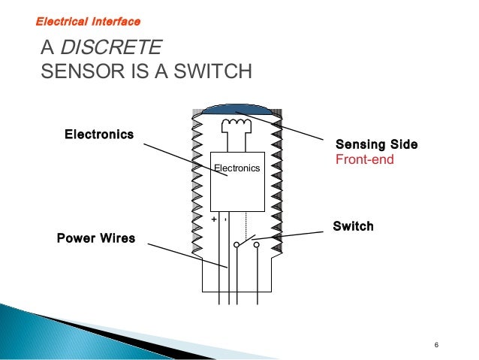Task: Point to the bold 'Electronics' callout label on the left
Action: (x=99, y=135)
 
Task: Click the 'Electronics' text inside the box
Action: (x=236, y=168)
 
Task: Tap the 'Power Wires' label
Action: (x=96, y=238)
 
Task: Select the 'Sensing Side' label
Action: (x=376, y=144)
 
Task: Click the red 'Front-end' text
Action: (x=364, y=159)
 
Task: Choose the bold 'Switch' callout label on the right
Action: (x=353, y=226)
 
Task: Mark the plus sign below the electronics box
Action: (x=214, y=219)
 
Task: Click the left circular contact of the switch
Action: (x=236, y=244)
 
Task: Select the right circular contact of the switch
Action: (x=258, y=244)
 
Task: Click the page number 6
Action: (x=436, y=345)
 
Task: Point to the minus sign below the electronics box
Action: (x=226, y=219)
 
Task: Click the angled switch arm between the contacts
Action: (x=247, y=241)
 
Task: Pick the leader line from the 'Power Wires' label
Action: (x=188, y=256)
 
